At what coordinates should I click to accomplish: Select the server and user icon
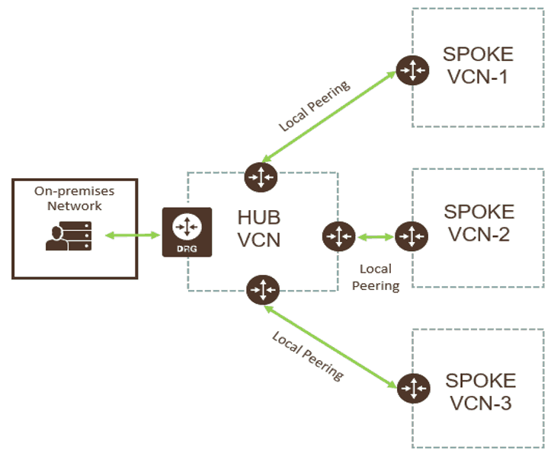point(69,236)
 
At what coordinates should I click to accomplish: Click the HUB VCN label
point(259,228)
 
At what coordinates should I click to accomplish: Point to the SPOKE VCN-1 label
point(478,65)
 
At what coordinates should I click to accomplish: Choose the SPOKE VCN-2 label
point(479,222)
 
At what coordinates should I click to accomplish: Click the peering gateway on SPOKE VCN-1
point(411,71)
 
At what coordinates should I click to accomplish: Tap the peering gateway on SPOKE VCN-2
point(411,236)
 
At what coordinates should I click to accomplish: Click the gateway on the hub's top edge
point(261,177)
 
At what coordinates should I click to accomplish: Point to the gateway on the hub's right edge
point(337,236)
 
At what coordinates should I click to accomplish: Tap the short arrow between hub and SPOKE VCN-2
point(374,238)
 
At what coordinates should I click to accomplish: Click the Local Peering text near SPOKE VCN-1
point(313,106)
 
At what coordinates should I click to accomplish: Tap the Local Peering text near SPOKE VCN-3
point(307,355)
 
